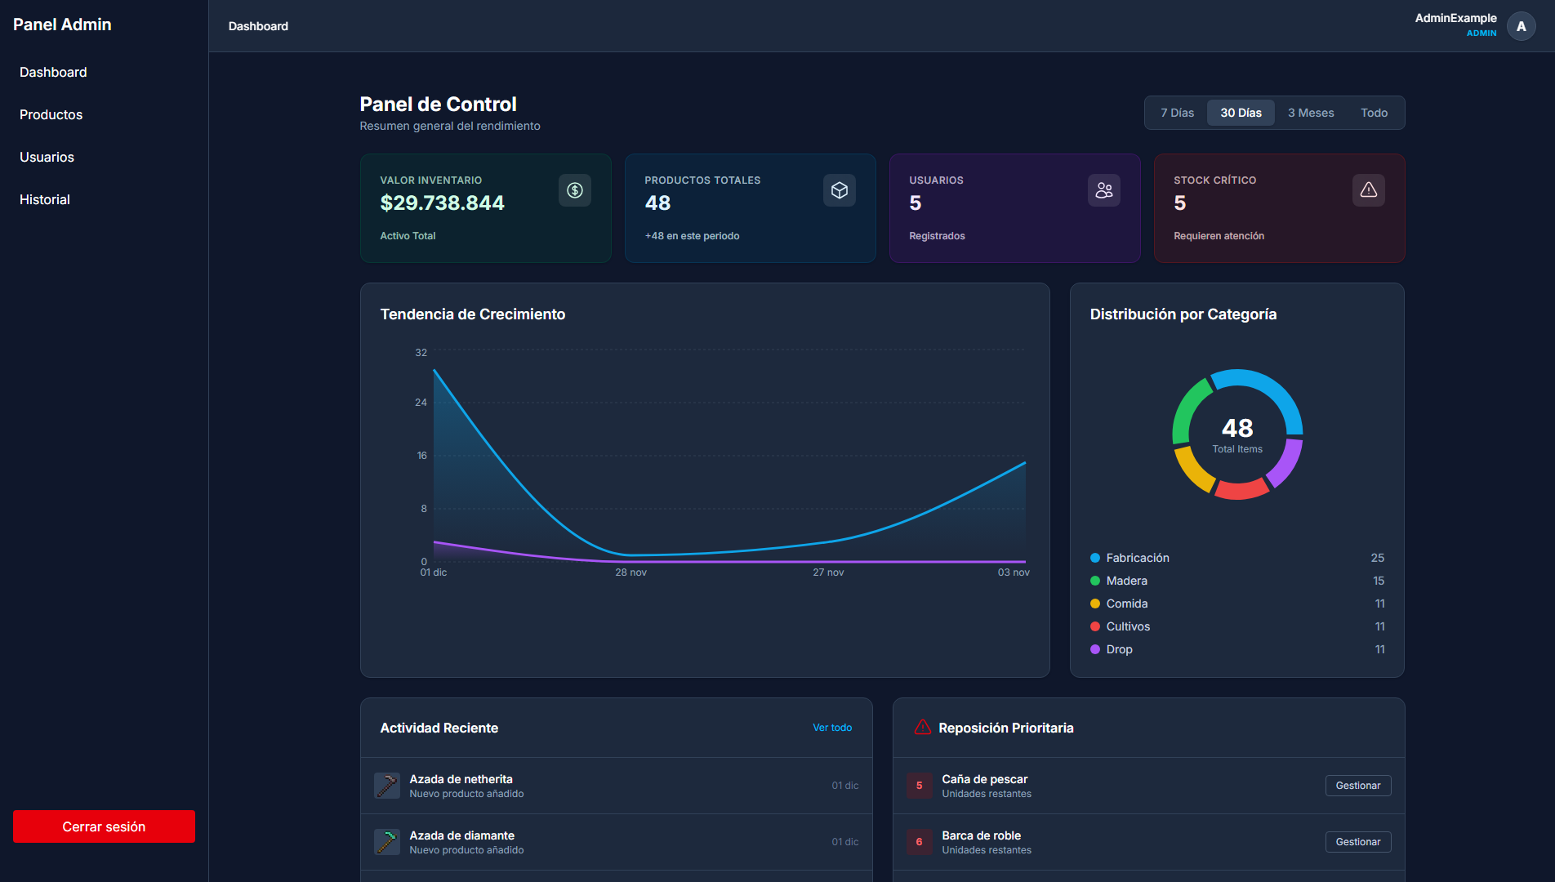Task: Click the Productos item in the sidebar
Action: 51,114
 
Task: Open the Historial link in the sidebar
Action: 45,199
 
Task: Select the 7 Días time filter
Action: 1177,113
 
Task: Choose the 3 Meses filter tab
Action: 1310,113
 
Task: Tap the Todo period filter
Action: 1374,113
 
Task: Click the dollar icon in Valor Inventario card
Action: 575,190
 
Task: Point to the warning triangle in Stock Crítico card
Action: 1368,190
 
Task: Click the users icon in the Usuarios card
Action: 1103,190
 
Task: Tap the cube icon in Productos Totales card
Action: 839,190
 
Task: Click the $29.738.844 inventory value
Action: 442,203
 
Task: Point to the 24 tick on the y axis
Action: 421,403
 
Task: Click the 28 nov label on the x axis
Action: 630,572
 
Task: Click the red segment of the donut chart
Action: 1241,490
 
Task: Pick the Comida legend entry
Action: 1126,604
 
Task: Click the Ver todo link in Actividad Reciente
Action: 831,728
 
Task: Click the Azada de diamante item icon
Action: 386,842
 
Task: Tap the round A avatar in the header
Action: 1521,26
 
